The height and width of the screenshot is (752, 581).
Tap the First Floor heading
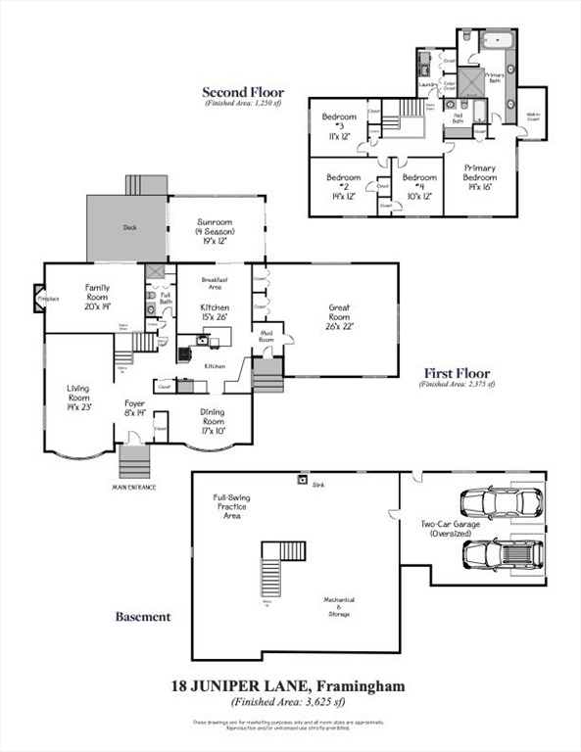(x=457, y=373)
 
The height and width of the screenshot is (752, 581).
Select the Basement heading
(x=143, y=617)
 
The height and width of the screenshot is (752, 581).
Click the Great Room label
(x=340, y=316)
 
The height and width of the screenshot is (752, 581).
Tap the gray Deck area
(x=127, y=227)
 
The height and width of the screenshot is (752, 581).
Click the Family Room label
(x=96, y=297)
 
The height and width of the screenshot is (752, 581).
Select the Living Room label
(x=78, y=397)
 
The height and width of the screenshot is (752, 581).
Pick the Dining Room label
(x=212, y=419)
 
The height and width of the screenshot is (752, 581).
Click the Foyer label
(x=135, y=408)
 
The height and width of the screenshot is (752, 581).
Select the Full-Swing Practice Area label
(x=231, y=506)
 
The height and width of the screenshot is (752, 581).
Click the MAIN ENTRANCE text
(x=134, y=486)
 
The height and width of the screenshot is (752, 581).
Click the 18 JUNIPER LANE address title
(x=289, y=685)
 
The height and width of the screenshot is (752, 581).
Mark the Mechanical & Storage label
(x=340, y=607)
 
